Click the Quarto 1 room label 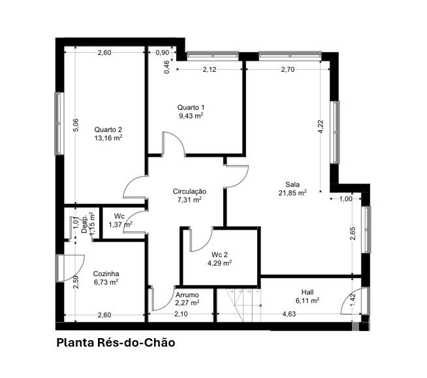[x=191, y=107]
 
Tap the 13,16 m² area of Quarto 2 [x=108, y=138]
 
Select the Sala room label [x=293, y=184]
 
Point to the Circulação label [x=189, y=191]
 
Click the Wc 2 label [x=219, y=255]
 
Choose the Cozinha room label [x=106, y=274]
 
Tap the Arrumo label [x=187, y=295]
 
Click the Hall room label [x=308, y=292]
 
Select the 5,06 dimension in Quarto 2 [x=76, y=125]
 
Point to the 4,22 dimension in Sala [x=321, y=127]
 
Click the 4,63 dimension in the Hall [x=289, y=314]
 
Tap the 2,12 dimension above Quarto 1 [x=210, y=69]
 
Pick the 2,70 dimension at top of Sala [x=288, y=69]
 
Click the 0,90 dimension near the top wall [x=163, y=53]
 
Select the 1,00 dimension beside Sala [x=346, y=199]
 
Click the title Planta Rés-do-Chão [x=116, y=343]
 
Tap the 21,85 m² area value [x=293, y=193]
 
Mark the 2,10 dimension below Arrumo [x=181, y=314]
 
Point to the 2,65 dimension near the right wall [x=353, y=234]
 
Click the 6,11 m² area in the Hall [x=308, y=301]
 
